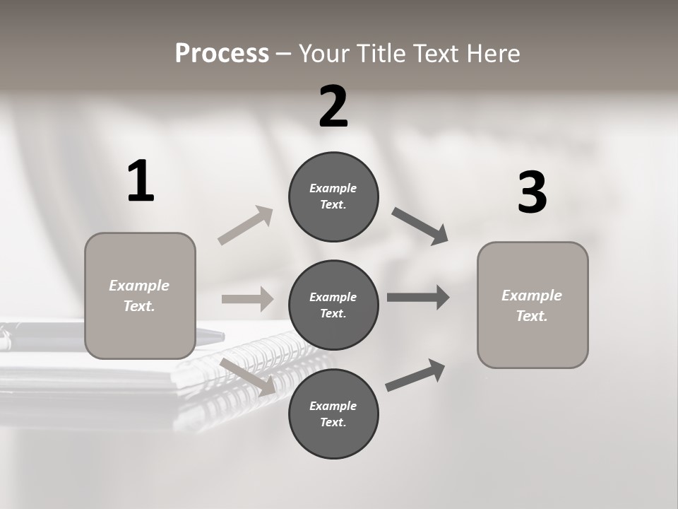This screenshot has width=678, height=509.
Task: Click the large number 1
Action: [141, 181]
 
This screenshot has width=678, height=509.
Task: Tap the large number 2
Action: [333, 107]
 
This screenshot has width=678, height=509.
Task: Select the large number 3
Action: [532, 192]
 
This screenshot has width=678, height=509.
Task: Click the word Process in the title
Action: [222, 53]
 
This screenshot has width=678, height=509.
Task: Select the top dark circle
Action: [333, 197]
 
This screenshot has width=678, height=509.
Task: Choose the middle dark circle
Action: [333, 305]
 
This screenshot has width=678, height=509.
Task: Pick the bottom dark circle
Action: [333, 414]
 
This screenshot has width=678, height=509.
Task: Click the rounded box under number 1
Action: [140, 296]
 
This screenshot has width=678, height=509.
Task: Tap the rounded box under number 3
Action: [533, 305]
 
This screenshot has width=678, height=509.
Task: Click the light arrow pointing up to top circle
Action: [246, 225]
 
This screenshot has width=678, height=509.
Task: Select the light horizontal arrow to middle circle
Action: [247, 299]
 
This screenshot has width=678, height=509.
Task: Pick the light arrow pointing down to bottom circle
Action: [248, 377]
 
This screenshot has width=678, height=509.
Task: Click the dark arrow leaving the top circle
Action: [420, 226]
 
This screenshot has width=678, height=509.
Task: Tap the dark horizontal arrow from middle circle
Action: [418, 298]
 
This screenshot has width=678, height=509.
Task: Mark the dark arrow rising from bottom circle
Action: [416, 375]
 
